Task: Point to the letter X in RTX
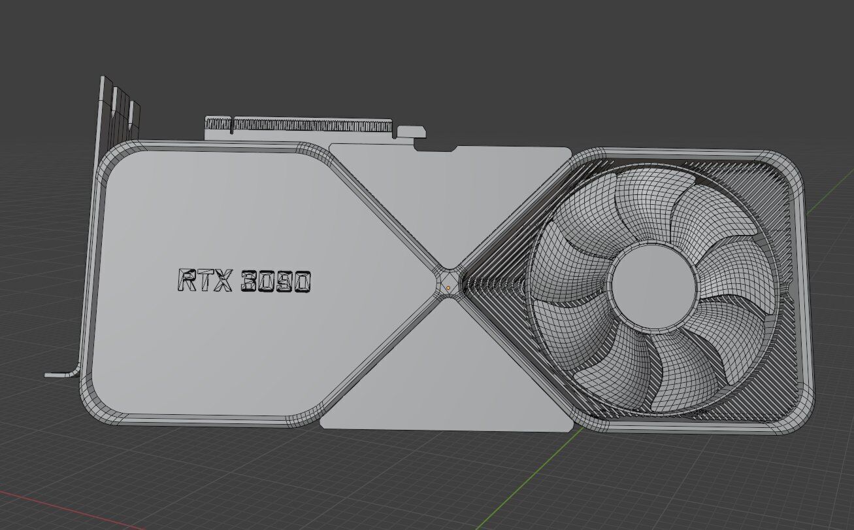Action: tap(223, 281)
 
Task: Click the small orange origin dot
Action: tap(448, 288)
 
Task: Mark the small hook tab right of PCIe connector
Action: tap(411, 132)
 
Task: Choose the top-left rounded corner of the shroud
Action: tap(114, 157)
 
